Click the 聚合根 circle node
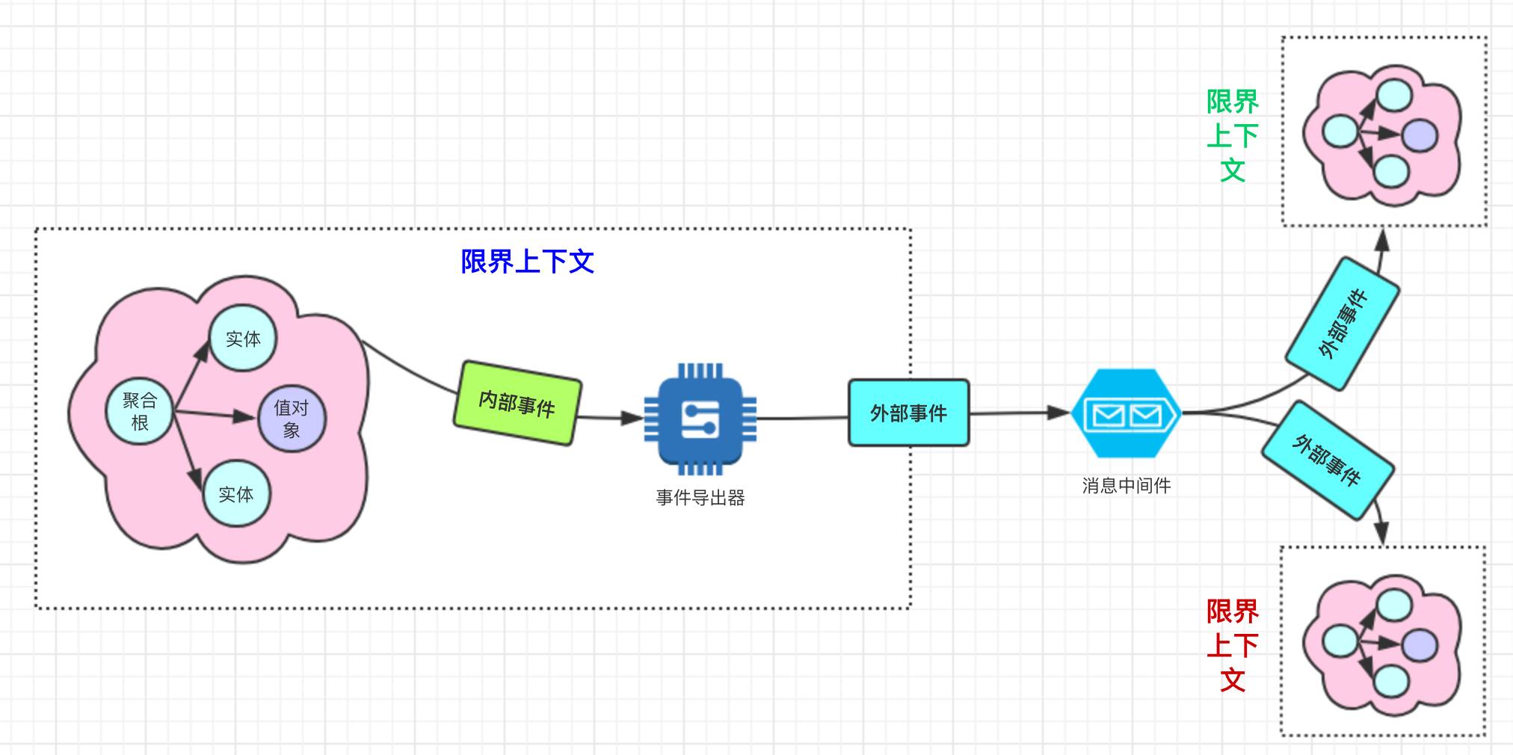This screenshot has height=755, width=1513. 140,411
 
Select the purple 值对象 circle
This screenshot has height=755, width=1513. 292,419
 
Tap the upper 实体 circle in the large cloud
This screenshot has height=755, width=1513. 243,339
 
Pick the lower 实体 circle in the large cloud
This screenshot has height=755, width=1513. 236,493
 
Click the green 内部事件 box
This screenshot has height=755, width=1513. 517,404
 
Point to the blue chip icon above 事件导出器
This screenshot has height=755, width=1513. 700,419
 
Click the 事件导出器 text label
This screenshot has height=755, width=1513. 700,498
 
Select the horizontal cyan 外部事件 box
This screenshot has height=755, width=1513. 908,413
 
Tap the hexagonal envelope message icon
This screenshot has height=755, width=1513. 1126,413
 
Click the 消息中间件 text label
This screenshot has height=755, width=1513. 1126,486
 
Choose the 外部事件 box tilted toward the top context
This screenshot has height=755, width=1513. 1343,324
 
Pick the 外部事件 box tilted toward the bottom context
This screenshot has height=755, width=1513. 1328,460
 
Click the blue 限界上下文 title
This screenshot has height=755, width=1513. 527,262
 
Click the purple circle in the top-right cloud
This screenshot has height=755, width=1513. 1420,135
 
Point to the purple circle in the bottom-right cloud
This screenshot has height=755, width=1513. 1420,646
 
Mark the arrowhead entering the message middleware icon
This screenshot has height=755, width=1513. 1059,412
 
